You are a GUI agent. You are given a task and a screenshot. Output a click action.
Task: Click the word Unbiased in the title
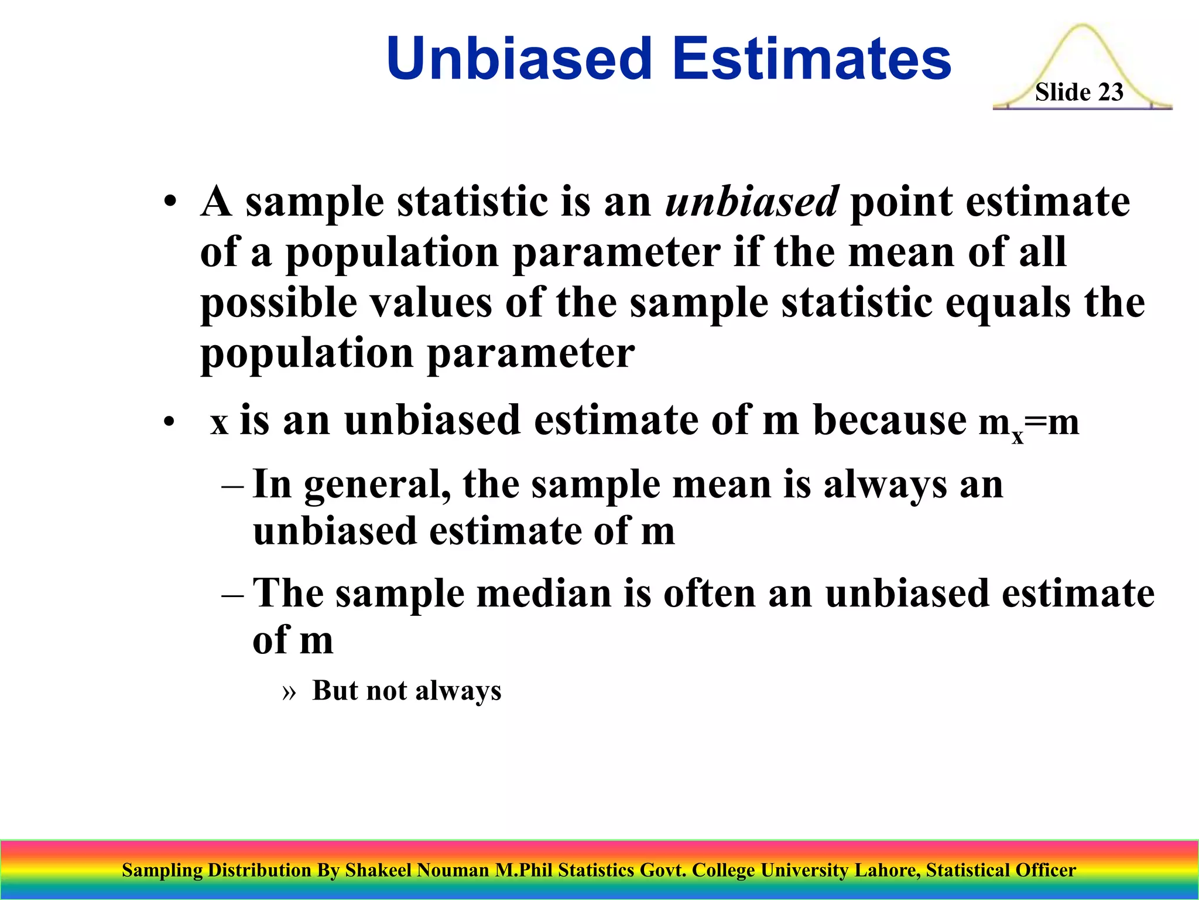pyautogui.click(x=519, y=59)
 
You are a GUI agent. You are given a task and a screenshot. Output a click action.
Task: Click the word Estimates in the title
pyautogui.click(x=811, y=59)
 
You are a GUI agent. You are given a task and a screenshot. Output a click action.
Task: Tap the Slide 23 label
pyautogui.click(x=1078, y=93)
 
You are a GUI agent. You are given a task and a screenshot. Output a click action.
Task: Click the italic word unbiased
pyautogui.click(x=752, y=202)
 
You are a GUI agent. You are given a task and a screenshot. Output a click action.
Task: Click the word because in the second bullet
pyautogui.click(x=890, y=420)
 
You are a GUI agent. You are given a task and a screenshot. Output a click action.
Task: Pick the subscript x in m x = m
pyautogui.click(x=1018, y=437)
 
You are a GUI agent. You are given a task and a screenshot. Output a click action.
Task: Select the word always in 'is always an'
pyautogui.click(x=885, y=486)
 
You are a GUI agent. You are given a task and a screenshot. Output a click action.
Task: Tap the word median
pyautogui.click(x=544, y=593)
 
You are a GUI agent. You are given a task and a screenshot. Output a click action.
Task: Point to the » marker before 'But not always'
pyautogui.click(x=289, y=692)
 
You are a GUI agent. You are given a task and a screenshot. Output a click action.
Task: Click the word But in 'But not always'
pyautogui.click(x=335, y=690)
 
